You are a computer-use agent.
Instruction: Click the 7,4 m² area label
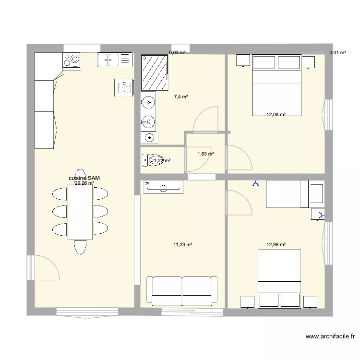180,96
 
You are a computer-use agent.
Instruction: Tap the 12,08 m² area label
276,115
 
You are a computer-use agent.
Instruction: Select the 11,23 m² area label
183,245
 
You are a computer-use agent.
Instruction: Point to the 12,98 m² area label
276,245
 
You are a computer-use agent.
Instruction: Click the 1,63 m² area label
205,154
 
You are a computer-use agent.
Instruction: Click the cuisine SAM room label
84,178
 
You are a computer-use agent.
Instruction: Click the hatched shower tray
155,72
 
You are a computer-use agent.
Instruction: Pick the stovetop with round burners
72,60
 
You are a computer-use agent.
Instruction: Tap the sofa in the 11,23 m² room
182,290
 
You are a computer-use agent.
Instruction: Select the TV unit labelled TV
163,187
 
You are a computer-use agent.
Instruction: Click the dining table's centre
80,212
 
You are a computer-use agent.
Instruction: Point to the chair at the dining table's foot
80,247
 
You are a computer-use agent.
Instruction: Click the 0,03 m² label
177,53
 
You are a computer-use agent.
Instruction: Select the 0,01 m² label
337,53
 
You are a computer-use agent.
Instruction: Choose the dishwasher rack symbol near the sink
123,87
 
